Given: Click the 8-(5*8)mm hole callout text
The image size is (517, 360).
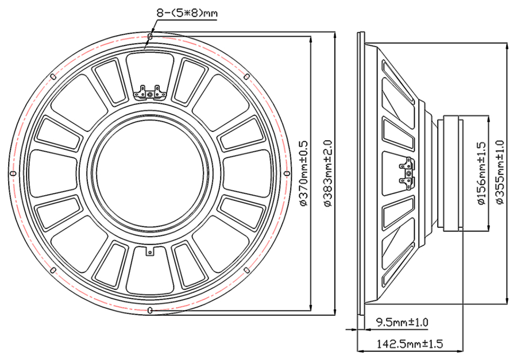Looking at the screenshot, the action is click(x=187, y=13).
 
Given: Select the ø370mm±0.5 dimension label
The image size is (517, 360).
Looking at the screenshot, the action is click(x=303, y=173).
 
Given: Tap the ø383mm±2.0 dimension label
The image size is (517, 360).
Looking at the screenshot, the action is click(x=329, y=173).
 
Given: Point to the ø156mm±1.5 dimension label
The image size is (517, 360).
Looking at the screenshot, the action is click(x=481, y=173).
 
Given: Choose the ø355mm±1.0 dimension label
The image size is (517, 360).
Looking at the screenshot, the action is click(x=500, y=172).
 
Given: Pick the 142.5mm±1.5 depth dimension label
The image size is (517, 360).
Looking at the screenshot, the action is click(x=410, y=344).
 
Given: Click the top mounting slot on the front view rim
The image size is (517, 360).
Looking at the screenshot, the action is click(x=151, y=36).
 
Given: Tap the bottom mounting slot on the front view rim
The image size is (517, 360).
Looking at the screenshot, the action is click(x=151, y=310).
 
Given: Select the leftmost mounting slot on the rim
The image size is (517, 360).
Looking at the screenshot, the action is click(x=13, y=173).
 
